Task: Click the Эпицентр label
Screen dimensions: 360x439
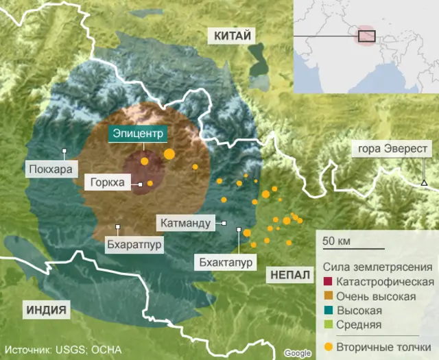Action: [x=137, y=134]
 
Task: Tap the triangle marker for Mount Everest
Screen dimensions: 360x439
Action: [x=424, y=182]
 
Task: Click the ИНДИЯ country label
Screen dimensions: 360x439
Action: [x=47, y=310]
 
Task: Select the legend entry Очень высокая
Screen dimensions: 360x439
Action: [x=376, y=296]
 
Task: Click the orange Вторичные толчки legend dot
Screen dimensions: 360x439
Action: [x=328, y=346]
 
